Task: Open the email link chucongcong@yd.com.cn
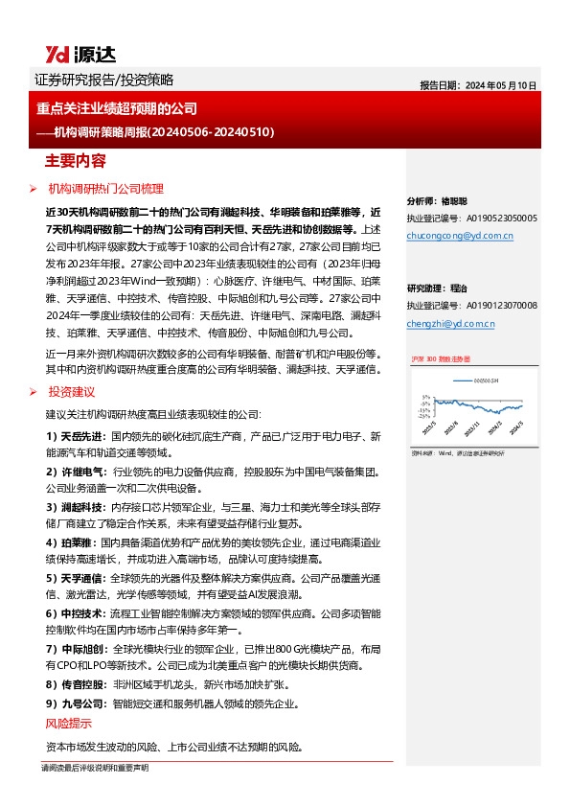point(460,235)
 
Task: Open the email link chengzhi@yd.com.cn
point(450,324)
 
